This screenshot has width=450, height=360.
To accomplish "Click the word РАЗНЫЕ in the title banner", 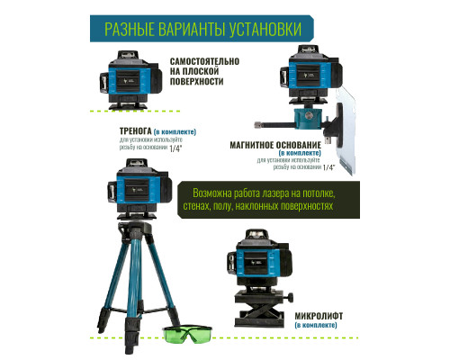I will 137,29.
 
